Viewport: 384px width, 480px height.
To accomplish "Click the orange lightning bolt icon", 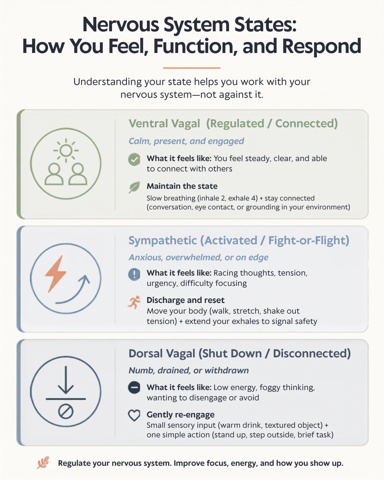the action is pyautogui.click(x=55, y=274).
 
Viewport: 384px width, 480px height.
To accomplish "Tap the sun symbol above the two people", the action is pyautogui.click(x=66, y=150).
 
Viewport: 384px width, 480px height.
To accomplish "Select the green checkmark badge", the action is pyautogui.click(x=134, y=160).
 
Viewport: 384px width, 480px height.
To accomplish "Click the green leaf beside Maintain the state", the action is pyautogui.click(x=134, y=187).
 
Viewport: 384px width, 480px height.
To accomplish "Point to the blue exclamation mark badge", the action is pyautogui.click(x=134, y=274).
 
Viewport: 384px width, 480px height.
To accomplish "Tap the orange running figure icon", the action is pyautogui.click(x=134, y=302).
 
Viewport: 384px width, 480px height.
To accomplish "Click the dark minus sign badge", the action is pyautogui.click(x=134, y=388).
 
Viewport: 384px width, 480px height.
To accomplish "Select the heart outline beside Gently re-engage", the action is pyautogui.click(x=134, y=415).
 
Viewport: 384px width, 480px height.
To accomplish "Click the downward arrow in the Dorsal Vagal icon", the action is pyautogui.click(x=65, y=380).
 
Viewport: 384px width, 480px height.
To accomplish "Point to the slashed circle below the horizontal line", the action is pyautogui.click(x=65, y=412).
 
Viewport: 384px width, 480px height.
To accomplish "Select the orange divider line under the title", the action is pyautogui.click(x=192, y=68).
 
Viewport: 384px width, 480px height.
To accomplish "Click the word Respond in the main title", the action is pyautogui.click(x=321, y=46).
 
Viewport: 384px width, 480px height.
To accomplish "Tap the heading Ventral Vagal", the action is pyautogui.click(x=164, y=123).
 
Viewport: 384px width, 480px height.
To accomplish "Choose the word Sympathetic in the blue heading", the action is pyautogui.click(x=163, y=241).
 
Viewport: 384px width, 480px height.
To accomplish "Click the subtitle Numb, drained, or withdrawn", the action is pyautogui.click(x=188, y=370).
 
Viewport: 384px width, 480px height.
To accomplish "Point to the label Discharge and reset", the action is pyautogui.click(x=185, y=300).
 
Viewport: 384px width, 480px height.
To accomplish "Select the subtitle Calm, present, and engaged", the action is pyautogui.click(x=186, y=141).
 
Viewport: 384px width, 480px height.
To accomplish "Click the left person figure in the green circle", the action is pyautogui.click(x=54, y=174).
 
